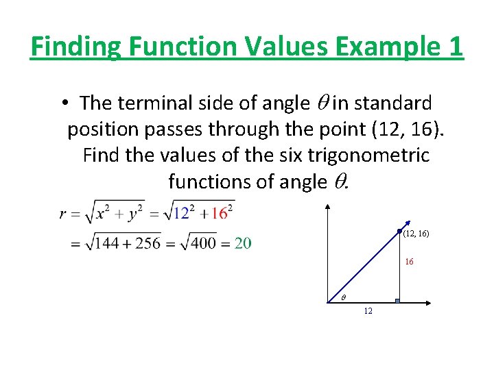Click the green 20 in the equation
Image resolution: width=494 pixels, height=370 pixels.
(243, 243)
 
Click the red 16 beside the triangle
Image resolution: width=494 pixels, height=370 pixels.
(409, 262)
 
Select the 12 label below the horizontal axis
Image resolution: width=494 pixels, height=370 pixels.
(368, 311)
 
